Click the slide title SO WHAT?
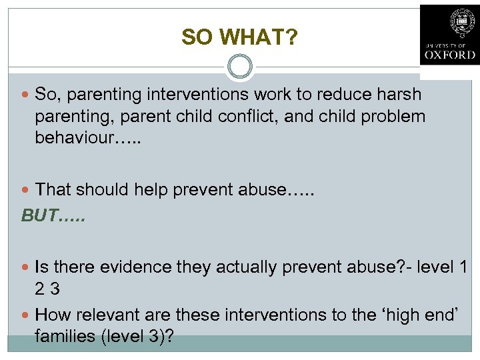pyautogui.click(x=239, y=37)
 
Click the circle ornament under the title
pyautogui.click(x=239, y=67)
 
